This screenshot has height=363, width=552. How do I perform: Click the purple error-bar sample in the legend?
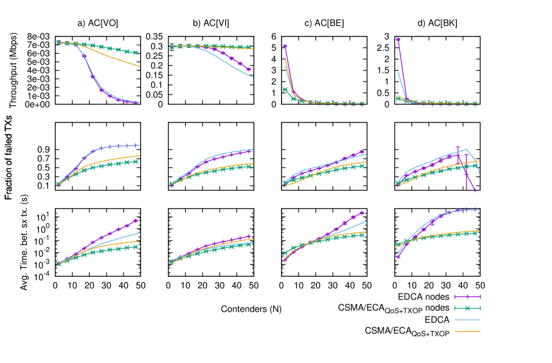467,297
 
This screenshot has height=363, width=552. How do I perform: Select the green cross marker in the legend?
467,308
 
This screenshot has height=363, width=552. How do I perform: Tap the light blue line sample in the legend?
467,320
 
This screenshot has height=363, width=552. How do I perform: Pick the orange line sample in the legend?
467,331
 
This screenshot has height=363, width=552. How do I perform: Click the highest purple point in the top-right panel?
398,40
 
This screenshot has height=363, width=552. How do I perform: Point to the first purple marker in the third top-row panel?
285,45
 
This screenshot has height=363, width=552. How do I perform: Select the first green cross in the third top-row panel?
285,89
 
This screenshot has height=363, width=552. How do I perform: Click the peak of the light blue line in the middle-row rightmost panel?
467,149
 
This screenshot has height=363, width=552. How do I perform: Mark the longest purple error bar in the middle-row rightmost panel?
466,172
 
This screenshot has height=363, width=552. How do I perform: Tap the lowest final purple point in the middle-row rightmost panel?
474,191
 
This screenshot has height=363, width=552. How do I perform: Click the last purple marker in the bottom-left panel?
136,221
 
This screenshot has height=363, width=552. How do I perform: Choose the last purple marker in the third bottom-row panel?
362,213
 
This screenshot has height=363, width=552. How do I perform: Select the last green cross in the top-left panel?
136,52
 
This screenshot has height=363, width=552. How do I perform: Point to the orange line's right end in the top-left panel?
140,66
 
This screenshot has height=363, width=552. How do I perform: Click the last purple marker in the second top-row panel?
249,69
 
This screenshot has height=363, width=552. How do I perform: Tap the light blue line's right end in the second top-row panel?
253,77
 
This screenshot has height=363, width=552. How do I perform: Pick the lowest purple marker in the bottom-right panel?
398,256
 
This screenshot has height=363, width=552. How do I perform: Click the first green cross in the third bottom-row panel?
285,253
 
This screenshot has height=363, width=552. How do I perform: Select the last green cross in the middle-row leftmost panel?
136,161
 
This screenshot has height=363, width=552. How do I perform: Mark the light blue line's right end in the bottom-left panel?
140,232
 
